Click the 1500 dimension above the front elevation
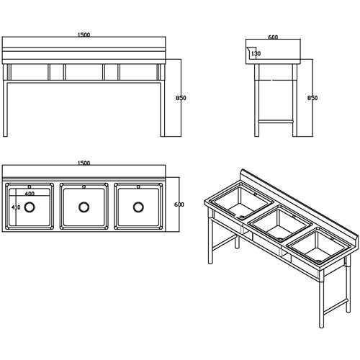click(85, 35)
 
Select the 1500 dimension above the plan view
click(84, 163)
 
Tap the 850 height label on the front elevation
click(181, 98)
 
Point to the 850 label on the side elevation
click(312, 98)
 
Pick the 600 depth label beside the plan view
click(179, 204)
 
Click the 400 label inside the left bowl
click(30, 194)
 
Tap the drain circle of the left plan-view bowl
click(30, 207)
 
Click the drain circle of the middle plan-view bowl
click(84, 207)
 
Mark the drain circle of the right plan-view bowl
click(138, 207)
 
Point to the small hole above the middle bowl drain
click(84, 188)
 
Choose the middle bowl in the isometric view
click(278, 224)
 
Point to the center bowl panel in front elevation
click(84, 71)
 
